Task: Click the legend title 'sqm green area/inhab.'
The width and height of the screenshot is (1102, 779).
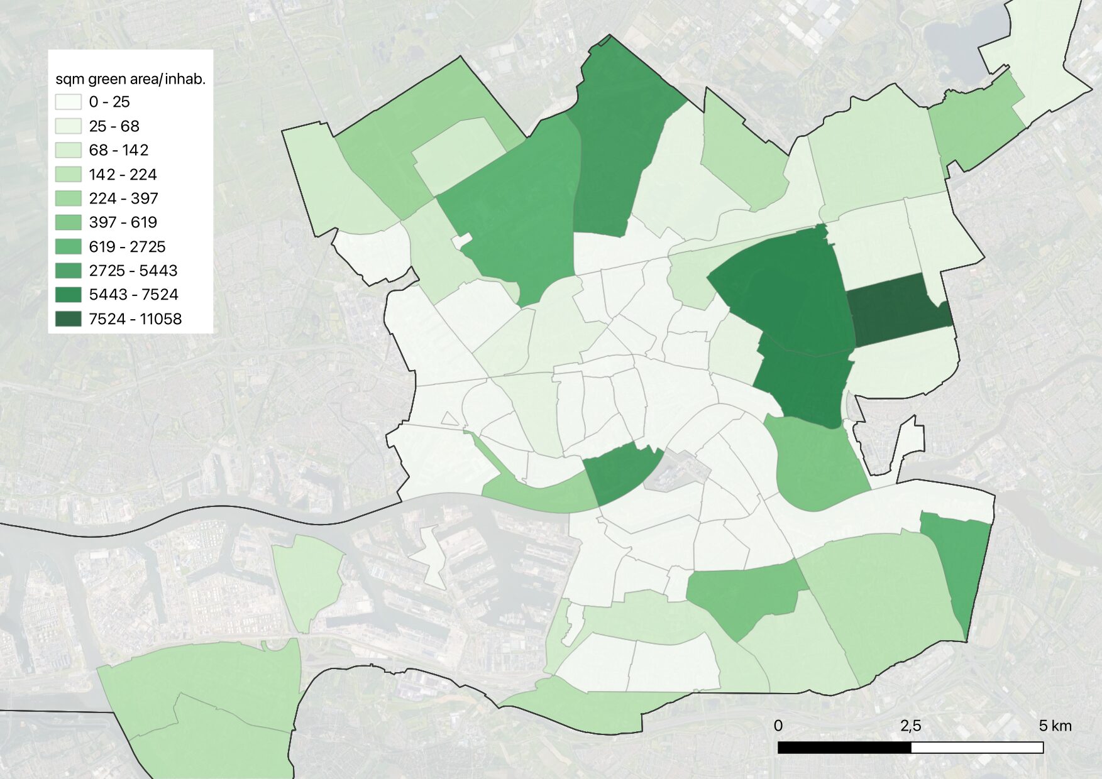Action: click(130, 79)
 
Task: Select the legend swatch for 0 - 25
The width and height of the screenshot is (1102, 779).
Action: click(68, 102)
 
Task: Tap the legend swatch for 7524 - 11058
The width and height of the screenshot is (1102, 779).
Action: click(68, 319)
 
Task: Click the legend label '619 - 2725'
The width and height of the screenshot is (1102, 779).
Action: click(127, 247)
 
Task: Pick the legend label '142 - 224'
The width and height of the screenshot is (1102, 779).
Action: click(123, 175)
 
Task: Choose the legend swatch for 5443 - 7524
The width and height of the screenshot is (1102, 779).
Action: click(68, 295)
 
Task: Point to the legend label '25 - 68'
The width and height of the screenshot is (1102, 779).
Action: click(114, 126)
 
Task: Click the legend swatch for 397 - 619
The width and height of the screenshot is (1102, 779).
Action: click(68, 222)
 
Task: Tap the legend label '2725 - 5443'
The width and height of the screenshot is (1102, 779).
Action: click(133, 271)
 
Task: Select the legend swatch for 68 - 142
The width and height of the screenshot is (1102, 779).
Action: click(68, 150)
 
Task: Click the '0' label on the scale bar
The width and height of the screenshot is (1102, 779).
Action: click(778, 726)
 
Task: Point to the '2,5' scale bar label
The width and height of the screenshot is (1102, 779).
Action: click(910, 726)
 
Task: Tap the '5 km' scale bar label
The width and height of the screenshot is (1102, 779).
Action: click(1055, 726)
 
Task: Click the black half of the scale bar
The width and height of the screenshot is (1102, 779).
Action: click(844, 748)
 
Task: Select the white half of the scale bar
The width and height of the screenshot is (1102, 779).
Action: click(977, 748)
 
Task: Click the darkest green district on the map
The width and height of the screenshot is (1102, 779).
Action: click(899, 310)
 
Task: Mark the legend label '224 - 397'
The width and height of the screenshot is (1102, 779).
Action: click(123, 199)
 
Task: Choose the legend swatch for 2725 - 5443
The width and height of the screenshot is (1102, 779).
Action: click(68, 271)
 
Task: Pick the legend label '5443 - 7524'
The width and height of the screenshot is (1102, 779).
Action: click(133, 295)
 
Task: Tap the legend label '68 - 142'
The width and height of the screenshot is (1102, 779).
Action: click(118, 150)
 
